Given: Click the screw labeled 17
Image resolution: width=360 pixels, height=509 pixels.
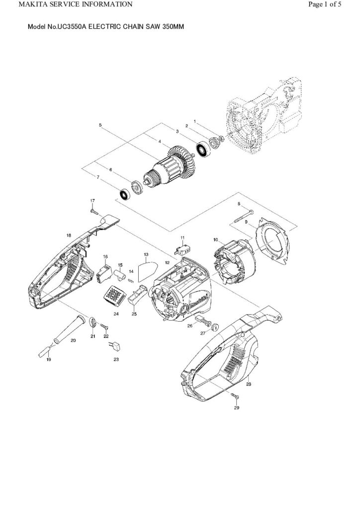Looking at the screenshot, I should (x=93, y=211).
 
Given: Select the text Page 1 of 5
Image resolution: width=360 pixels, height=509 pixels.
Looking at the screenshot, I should (x=325, y=4).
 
